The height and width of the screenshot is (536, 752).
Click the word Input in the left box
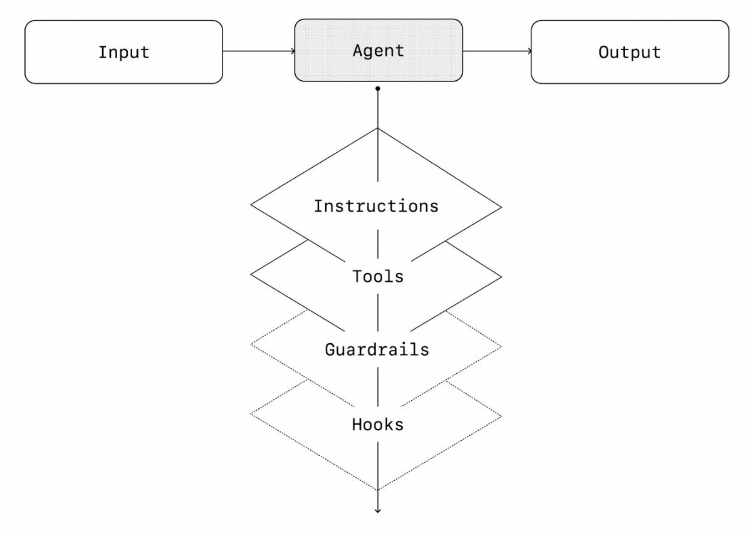click(x=123, y=52)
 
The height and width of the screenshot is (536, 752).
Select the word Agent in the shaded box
click(x=378, y=51)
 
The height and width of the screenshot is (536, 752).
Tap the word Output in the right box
click(x=629, y=52)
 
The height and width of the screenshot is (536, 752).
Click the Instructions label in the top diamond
click(x=376, y=206)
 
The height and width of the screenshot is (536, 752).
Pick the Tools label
click(x=377, y=276)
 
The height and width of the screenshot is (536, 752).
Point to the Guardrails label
click(x=377, y=349)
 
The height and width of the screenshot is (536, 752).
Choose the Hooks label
click(x=377, y=425)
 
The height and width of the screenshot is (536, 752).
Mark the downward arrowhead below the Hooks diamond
click(x=378, y=511)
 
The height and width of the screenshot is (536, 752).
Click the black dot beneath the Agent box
click(x=378, y=89)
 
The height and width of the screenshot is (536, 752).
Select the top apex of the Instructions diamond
click(x=378, y=128)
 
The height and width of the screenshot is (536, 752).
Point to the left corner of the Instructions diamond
click(x=251, y=205)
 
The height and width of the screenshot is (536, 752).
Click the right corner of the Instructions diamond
click(x=501, y=206)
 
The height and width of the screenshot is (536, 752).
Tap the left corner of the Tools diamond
click(x=251, y=276)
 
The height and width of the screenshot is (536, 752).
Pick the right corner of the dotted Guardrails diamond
click(x=501, y=346)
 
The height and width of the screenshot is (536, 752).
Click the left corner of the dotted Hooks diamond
click(x=251, y=414)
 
